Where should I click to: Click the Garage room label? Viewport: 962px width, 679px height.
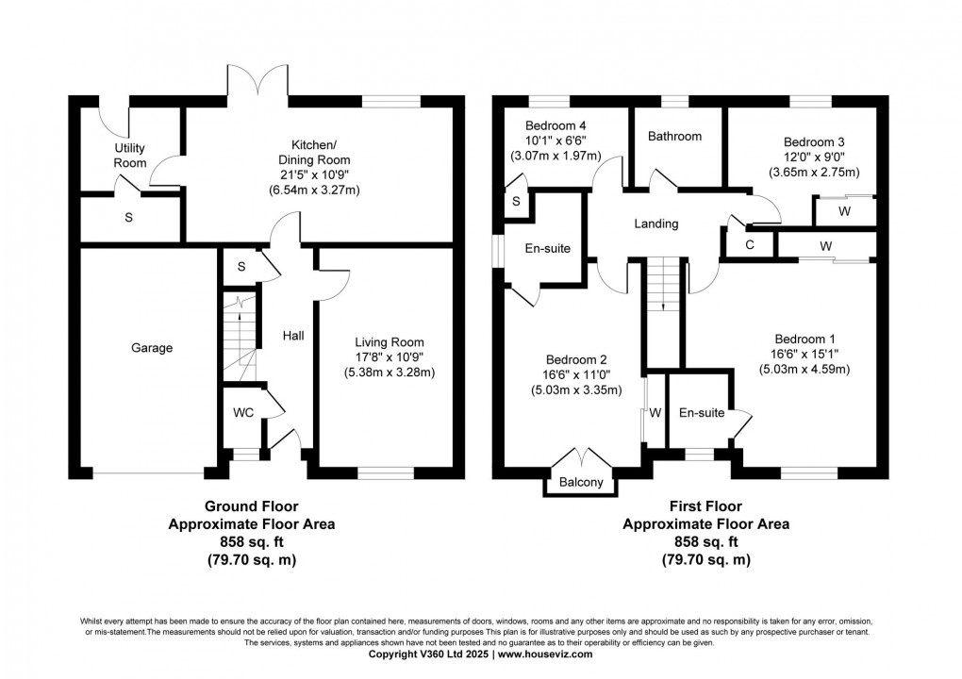(x=151, y=348)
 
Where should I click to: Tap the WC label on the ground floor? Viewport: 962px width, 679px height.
(x=242, y=412)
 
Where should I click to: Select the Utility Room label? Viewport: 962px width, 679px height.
(x=131, y=156)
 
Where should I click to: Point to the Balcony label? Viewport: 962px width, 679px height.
(x=581, y=485)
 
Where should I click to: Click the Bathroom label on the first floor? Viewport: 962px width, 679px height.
(x=674, y=136)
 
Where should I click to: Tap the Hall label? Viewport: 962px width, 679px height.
(x=290, y=335)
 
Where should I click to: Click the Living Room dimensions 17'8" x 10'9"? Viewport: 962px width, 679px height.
(x=390, y=357)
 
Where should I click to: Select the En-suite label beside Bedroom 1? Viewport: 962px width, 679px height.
(x=702, y=412)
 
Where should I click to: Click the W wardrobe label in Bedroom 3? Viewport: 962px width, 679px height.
(x=844, y=212)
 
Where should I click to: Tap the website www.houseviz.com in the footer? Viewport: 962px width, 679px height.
(x=545, y=654)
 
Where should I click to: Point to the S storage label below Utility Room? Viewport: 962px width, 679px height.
(x=128, y=217)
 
